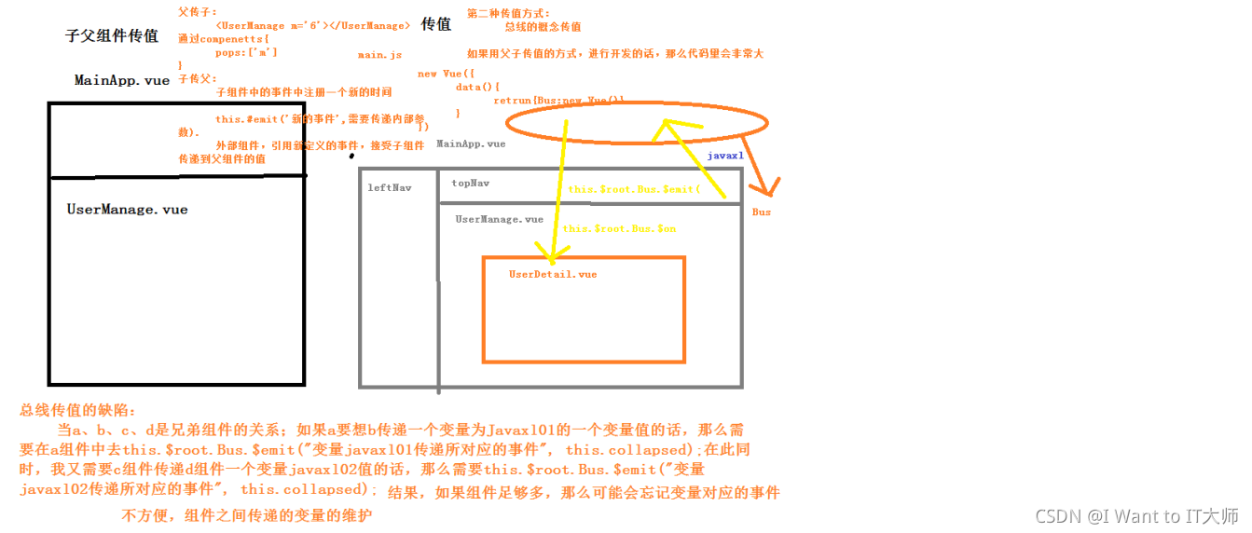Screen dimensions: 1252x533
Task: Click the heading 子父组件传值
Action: pos(111,36)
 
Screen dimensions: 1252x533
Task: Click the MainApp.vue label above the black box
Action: pos(122,81)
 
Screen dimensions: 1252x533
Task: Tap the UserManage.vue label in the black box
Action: pos(127,210)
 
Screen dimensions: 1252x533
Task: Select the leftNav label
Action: pos(389,188)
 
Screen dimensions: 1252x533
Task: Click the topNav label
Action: pos(470,184)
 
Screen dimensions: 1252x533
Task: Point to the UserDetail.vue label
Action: pos(553,275)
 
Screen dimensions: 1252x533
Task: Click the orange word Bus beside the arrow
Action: pos(762,212)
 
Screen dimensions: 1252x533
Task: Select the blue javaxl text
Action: pos(724,157)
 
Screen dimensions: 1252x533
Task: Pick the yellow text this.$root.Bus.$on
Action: pos(619,229)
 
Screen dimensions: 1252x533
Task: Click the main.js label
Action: pos(379,56)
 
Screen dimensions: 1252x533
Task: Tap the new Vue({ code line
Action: pos(446,74)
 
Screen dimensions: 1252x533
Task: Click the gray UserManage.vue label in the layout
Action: pos(499,220)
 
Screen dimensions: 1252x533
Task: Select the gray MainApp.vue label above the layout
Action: pos(471,144)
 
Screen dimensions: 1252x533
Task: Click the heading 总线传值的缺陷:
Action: pos(77,411)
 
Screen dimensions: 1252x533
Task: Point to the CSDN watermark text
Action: pos(1136,516)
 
